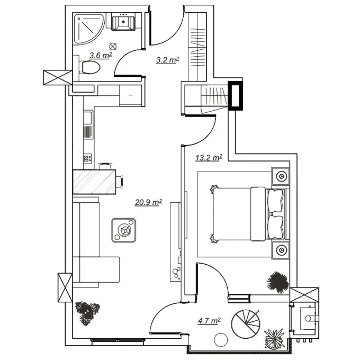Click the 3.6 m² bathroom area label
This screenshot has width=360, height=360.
[101, 56]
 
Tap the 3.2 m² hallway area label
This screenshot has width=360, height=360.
[167, 60]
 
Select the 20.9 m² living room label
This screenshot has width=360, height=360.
[148, 202]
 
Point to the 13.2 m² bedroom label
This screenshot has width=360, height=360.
[209, 158]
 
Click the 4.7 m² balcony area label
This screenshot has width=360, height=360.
[209, 320]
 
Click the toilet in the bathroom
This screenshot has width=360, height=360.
[89, 67]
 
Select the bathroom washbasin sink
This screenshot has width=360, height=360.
[123, 22]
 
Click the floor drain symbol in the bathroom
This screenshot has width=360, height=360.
[113, 47]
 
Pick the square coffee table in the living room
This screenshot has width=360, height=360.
[124, 230]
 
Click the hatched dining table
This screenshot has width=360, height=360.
[94, 182]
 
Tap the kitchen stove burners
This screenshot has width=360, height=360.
[87, 158]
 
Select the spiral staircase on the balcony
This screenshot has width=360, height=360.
[246, 324]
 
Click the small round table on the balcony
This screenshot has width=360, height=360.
[221, 339]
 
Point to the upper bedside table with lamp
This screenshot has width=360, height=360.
[281, 176]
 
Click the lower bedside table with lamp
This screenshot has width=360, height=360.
[281, 250]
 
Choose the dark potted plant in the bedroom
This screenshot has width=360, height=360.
[277, 282]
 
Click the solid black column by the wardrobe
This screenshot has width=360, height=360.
[236, 96]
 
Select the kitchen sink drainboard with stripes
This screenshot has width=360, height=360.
[87, 132]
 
